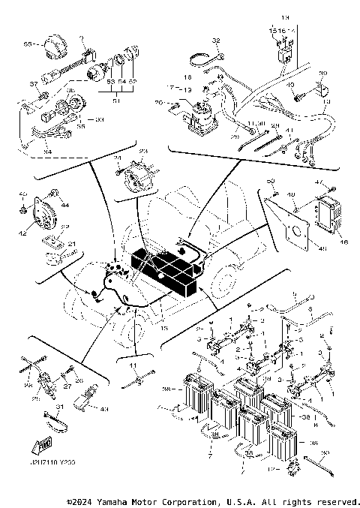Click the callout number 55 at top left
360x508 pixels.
pyautogui.click(x=28, y=45)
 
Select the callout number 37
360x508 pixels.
pyautogui.click(x=32, y=83)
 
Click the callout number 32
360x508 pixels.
pyautogui.click(x=214, y=41)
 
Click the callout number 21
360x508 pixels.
pyautogui.click(x=72, y=245)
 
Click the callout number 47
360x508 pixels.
pyautogui.click(x=339, y=182)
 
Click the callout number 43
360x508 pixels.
pyautogui.click(x=104, y=409)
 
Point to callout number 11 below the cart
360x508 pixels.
pyautogui.click(x=134, y=364)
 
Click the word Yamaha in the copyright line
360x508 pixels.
pyautogui.click(x=121, y=500)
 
